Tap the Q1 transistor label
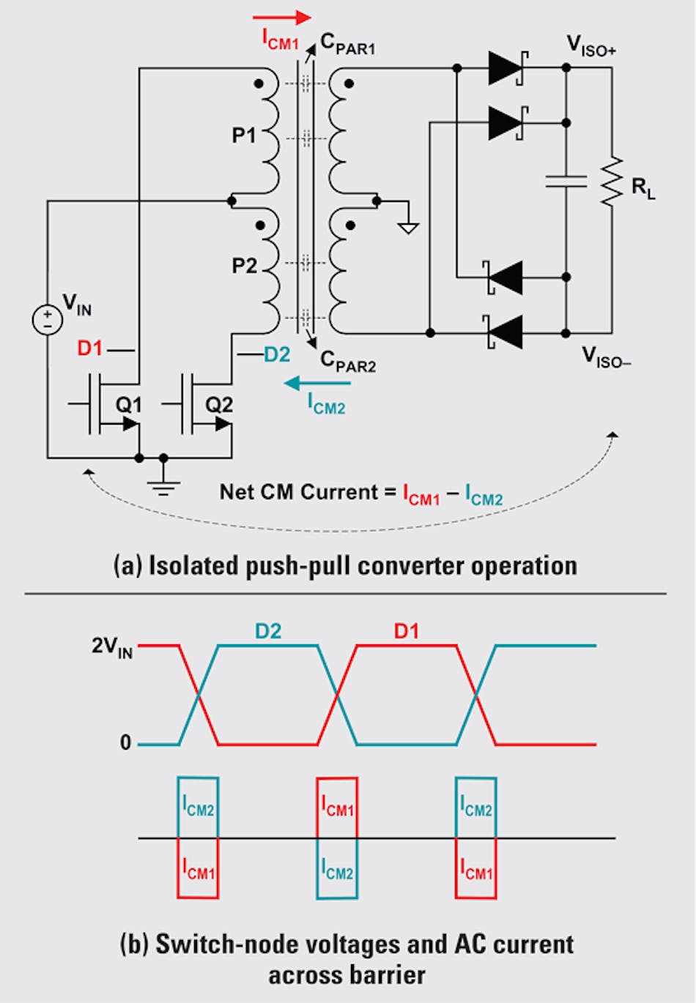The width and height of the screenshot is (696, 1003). [129, 404]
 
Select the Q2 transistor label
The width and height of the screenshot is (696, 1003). [219, 404]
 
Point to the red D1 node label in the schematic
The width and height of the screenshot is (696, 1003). [89, 348]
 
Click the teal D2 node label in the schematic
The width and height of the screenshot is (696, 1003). [277, 355]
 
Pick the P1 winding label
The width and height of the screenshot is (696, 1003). [244, 135]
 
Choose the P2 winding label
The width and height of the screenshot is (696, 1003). [245, 265]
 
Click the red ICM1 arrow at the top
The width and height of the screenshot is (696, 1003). [282, 18]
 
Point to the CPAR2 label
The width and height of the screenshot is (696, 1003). [348, 361]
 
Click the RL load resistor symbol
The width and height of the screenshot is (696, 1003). [611, 181]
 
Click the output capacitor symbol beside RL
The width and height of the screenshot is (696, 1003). [566, 181]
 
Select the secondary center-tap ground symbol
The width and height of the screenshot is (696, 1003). [408, 227]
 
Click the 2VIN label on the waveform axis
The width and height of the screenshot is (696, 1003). [112, 647]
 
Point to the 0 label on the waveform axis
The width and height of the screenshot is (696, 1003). [125, 743]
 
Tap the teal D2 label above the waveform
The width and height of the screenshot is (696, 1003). [268, 631]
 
